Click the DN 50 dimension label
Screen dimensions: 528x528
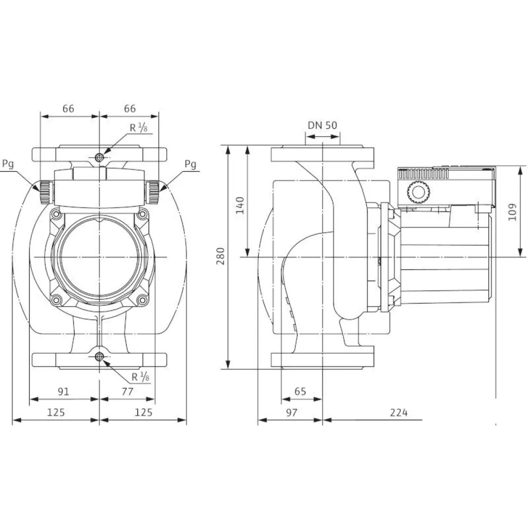click(322, 125)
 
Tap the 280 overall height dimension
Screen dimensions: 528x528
click(220, 256)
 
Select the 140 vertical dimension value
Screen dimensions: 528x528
click(240, 205)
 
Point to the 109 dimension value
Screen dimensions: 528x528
click(512, 212)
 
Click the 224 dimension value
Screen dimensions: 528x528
click(399, 412)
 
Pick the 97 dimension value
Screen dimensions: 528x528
click(291, 412)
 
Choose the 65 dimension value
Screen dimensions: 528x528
click(300, 391)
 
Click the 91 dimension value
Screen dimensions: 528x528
click(63, 392)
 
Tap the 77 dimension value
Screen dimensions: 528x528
click(127, 392)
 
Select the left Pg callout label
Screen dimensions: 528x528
click(8, 164)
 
